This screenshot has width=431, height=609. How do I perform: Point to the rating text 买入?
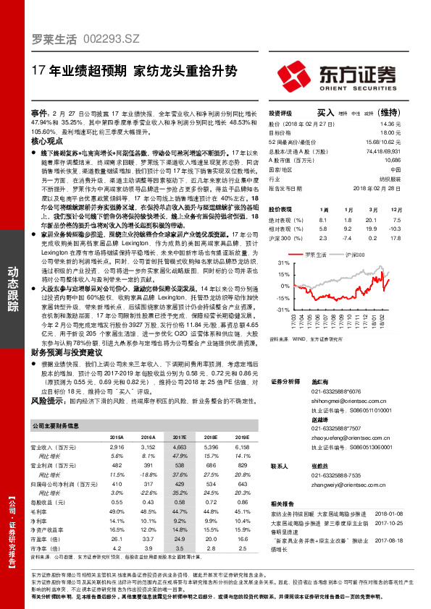325,113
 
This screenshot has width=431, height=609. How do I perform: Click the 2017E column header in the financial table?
180,438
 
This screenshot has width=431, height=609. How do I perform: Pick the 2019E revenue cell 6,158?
240,448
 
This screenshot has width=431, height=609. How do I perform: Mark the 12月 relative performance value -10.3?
412,228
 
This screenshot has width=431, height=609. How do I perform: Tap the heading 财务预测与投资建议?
70,352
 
